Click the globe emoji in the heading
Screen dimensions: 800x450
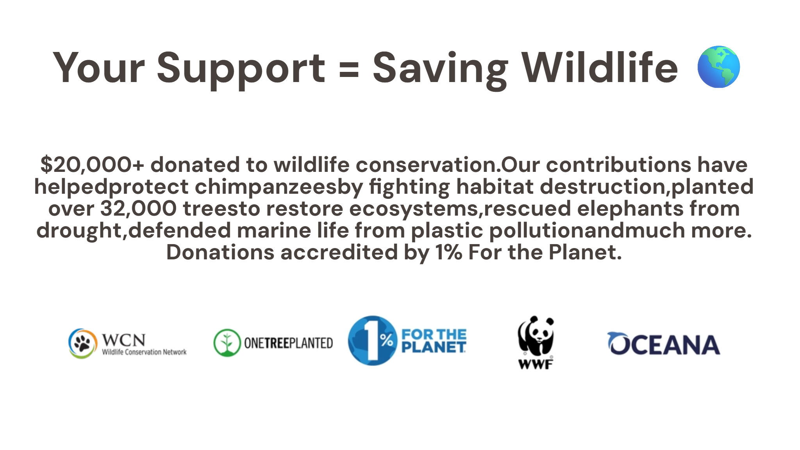click(718, 67)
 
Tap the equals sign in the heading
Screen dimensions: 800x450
click(349, 69)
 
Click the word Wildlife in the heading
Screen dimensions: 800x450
click(600, 67)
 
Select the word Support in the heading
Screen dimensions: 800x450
click(241, 70)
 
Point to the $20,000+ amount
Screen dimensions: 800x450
click(92, 165)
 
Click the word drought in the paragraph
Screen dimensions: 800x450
click(79, 231)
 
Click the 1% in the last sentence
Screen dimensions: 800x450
click(449, 252)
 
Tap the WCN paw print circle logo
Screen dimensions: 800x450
click(82, 343)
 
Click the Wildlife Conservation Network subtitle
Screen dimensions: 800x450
click(144, 352)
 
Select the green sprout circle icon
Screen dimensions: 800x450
click(227, 343)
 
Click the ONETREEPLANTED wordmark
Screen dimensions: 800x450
click(288, 343)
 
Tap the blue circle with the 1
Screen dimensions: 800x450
click(372, 341)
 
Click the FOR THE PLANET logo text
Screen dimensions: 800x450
click(434, 341)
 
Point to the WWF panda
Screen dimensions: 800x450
click(536, 336)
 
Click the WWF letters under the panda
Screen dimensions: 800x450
click(536, 364)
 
